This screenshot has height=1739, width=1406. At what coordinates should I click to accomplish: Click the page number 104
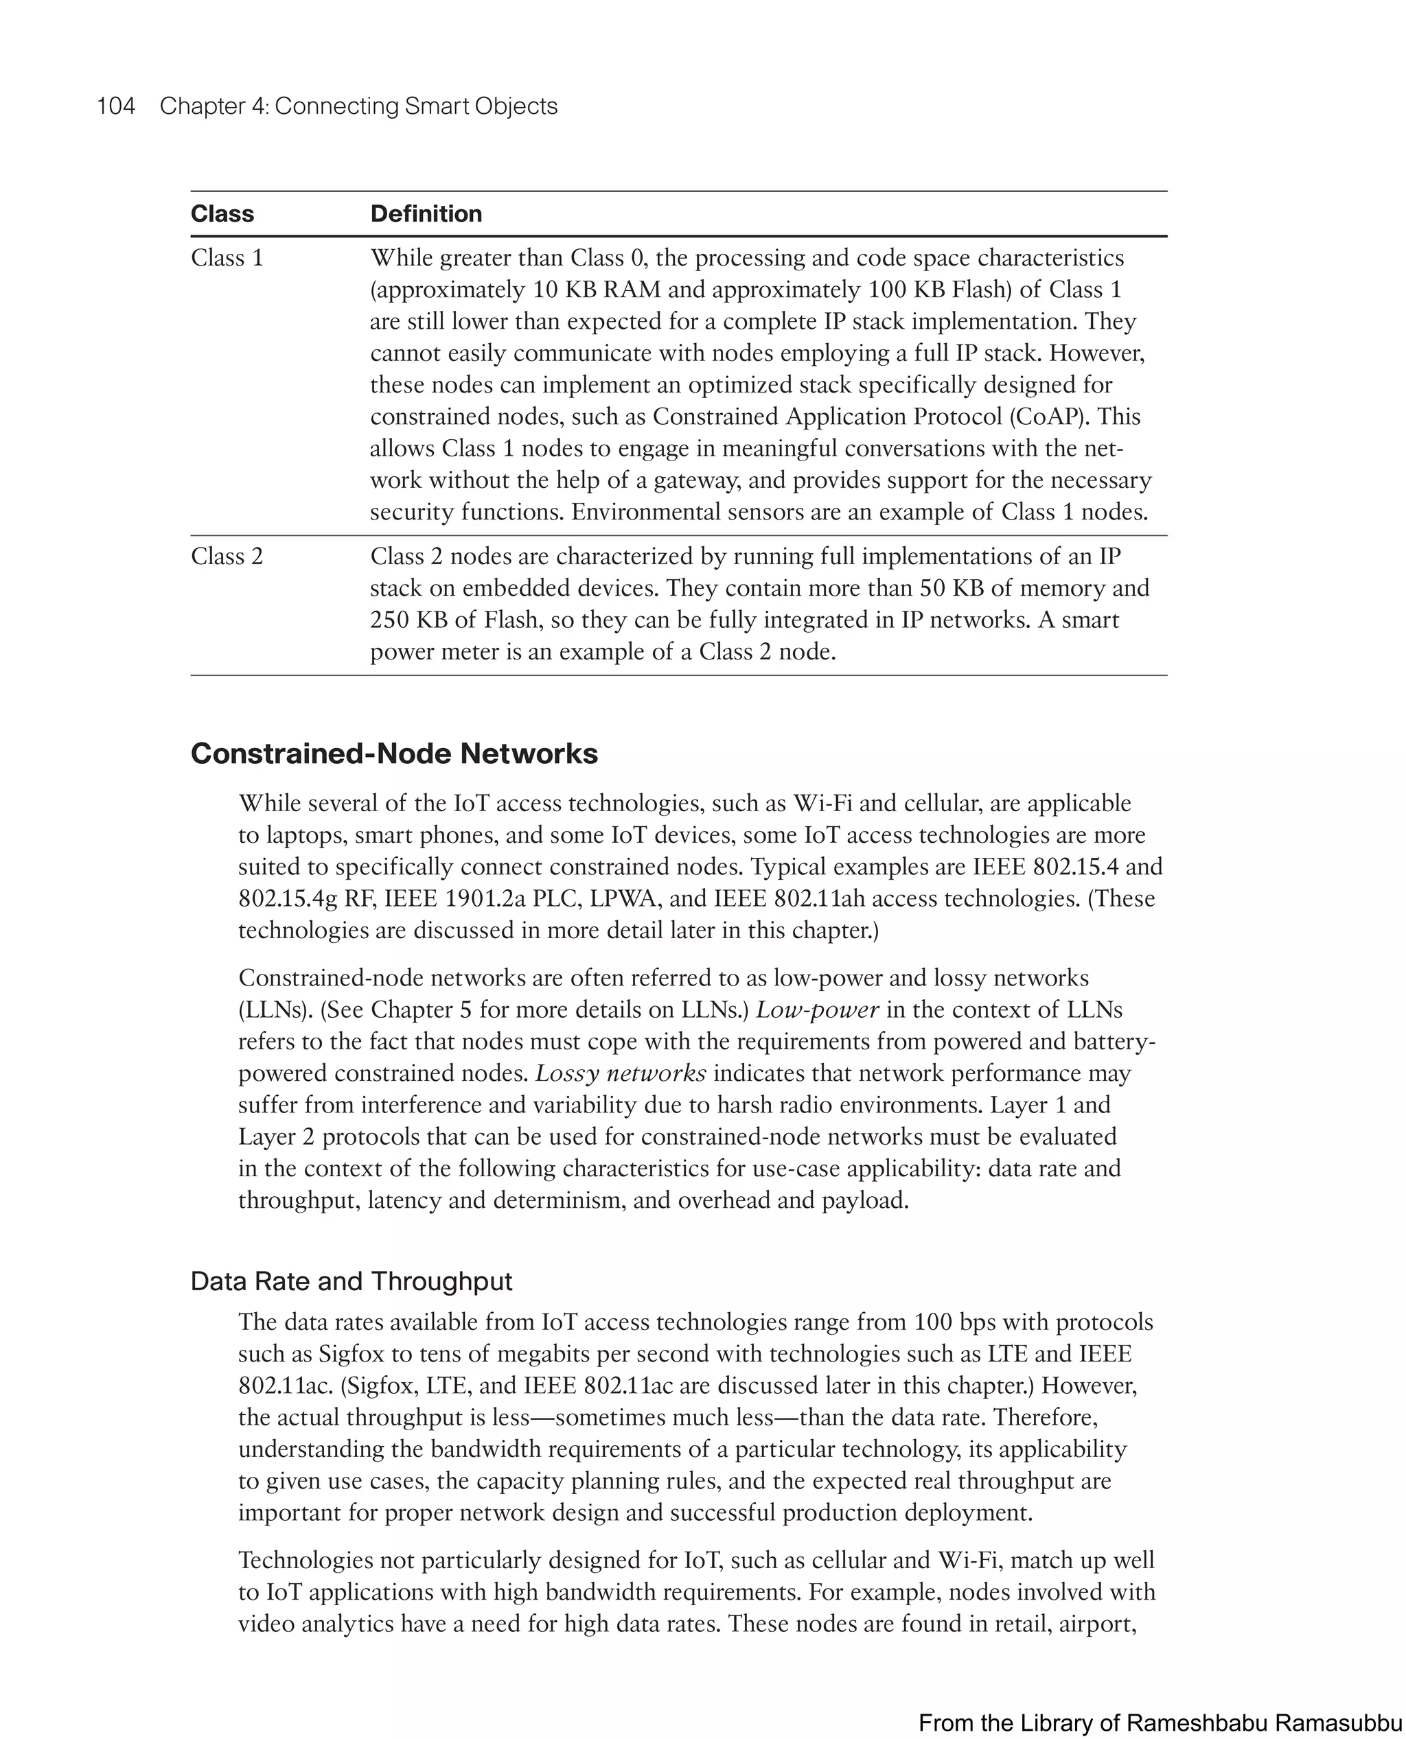pos(116,106)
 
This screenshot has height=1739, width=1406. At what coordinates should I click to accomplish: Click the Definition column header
pos(426,213)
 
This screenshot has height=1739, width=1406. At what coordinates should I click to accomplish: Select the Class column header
pos(222,213)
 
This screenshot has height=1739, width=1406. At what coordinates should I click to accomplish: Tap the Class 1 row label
pos(227,258)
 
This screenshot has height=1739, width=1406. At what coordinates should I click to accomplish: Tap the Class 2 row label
pos(227,557)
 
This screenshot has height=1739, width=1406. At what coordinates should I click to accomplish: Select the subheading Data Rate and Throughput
pos(351,1281)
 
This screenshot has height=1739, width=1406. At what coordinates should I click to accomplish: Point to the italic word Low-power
pos(817,1010)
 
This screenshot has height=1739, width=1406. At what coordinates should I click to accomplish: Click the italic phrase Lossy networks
pos(621,1074)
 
